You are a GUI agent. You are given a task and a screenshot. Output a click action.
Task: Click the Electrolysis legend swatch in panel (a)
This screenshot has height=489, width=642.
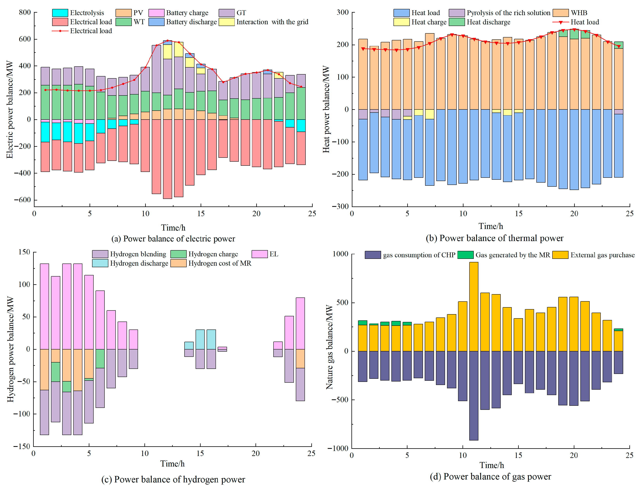coord(60,13)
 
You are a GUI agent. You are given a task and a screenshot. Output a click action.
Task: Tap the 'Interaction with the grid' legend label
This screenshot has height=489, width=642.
coord(272,22)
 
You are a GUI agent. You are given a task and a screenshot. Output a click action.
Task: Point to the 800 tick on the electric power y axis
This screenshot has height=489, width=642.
coord(25,12)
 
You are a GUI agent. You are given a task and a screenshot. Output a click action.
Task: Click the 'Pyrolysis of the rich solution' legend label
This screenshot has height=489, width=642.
coord(508,13)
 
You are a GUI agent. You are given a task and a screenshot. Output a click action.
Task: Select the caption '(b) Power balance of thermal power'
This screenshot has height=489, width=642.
coord(494,238)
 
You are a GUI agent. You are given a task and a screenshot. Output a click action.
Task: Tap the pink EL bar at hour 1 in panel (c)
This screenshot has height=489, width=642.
coord(45,306)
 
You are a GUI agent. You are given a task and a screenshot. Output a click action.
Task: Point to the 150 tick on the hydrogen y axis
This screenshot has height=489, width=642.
coord(24,252)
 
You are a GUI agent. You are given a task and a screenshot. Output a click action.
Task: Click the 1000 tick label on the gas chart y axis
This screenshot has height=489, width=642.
coord(340,254)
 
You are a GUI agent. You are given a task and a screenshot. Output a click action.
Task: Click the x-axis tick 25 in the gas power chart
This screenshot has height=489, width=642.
coord(629,455)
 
